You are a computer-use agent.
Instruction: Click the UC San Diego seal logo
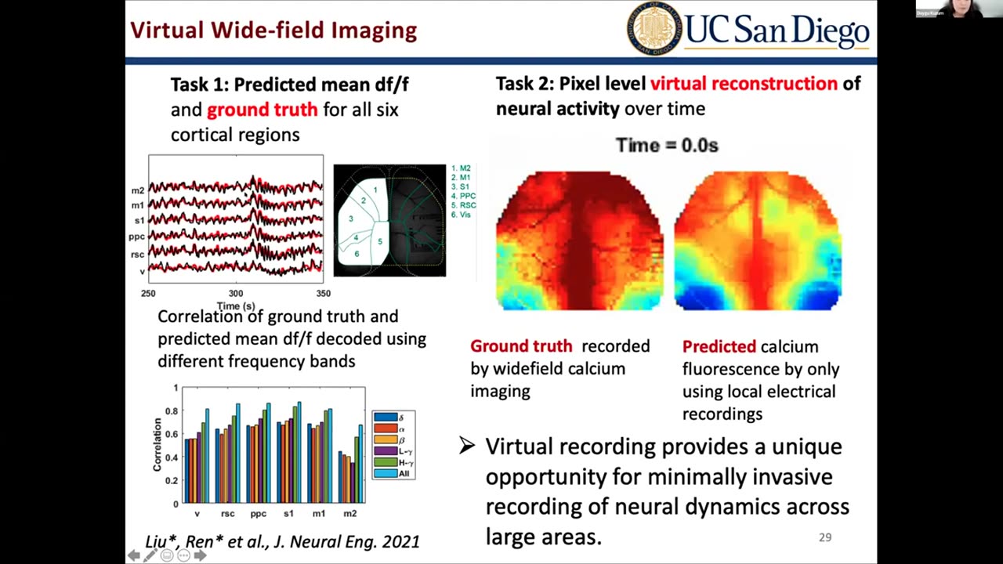[x=654, y=29]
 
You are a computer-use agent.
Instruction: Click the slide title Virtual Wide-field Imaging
[x=273, y=31]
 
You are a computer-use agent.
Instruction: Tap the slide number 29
[x=825, y=537]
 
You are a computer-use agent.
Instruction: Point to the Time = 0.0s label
[x=667, y=145]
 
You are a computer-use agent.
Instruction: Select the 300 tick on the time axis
[x=236, y=294]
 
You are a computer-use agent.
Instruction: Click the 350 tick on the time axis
[x=323, y=294]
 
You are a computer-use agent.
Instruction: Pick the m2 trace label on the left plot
[x=138, y=190]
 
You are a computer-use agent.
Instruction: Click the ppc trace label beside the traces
[x=136, y=237]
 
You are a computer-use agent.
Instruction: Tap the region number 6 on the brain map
[x=357, y=254]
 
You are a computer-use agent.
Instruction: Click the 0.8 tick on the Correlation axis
[x=171, y=411]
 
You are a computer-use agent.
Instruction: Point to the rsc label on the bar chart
[x=227, y=514]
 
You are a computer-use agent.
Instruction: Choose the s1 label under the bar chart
[x=288, y=514]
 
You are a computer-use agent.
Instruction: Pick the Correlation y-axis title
[x=158, y=445]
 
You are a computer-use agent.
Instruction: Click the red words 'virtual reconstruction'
[x=744, y=84]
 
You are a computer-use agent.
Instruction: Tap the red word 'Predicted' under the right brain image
[x=719, y=346]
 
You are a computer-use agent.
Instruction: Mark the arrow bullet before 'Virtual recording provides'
[x=467, y=446]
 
